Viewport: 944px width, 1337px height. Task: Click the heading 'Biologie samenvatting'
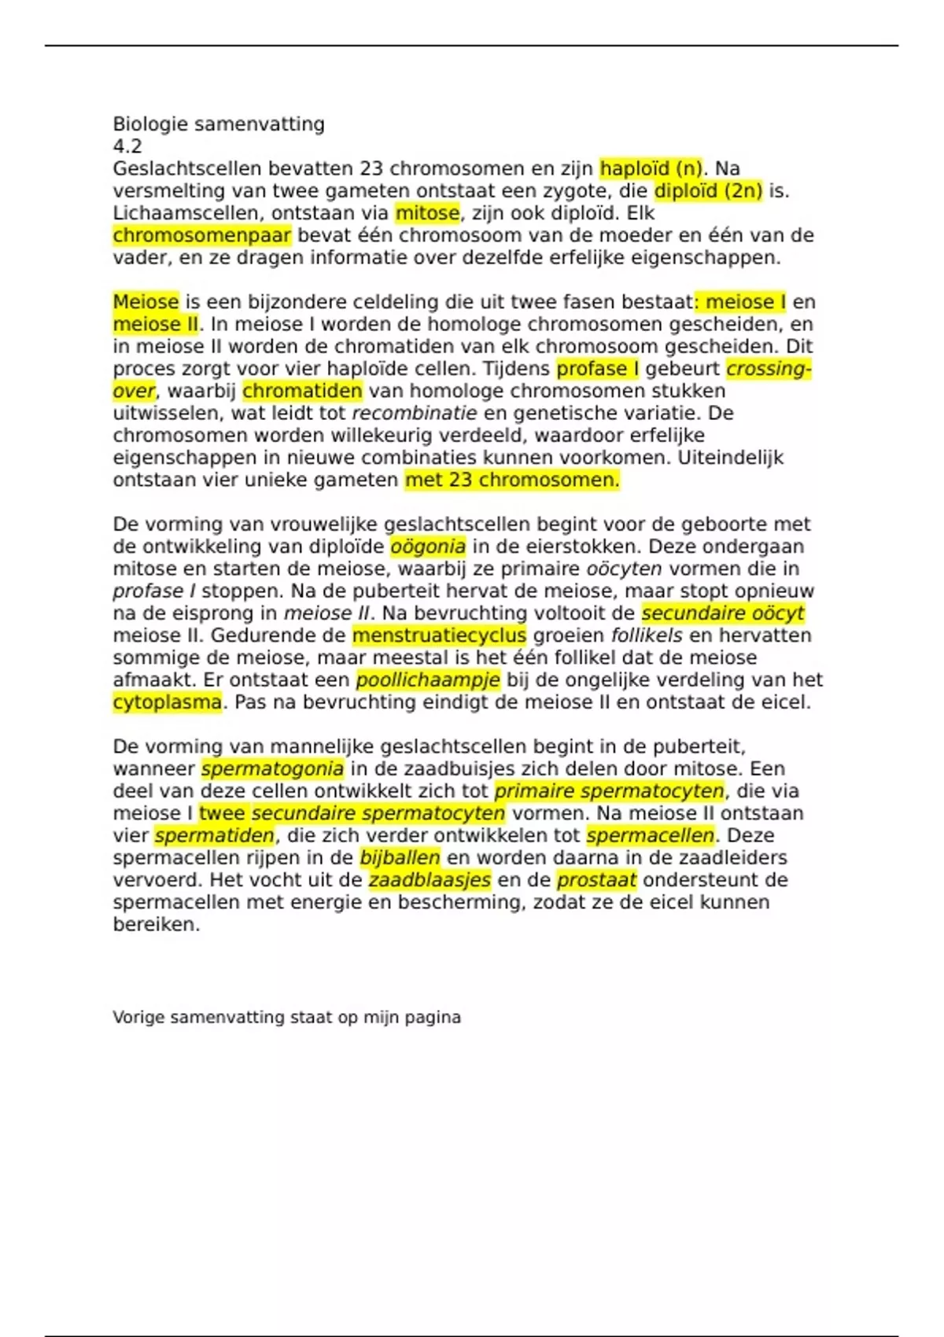coord(219,124)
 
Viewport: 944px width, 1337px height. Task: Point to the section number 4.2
coord(127,146)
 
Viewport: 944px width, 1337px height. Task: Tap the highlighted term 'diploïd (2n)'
coord(708,191)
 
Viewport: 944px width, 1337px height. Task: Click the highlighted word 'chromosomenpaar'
coord(201,235)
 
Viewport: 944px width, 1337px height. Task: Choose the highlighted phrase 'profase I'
coord(597,369)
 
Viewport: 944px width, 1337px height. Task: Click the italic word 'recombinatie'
coord(414,413)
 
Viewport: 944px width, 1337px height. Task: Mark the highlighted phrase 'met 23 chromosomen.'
coord(512,480)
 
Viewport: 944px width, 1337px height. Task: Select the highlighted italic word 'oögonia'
coord(428,547)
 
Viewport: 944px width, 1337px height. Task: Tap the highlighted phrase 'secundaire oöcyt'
coord(723,613)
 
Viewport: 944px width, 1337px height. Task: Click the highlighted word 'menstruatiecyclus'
coord(439,635)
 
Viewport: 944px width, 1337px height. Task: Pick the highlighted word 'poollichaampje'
coord(428,680)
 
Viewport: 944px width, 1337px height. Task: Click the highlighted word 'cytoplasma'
coord(167,702)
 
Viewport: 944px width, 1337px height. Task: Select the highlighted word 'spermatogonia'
coord(272,769)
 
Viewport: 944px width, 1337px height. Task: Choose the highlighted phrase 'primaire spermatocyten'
coord(610,791)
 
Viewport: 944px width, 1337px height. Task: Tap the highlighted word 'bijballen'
coord(400,858)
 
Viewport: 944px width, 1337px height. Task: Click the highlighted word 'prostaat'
coord(596,880)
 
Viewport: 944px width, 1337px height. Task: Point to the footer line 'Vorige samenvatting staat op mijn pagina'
coord(286,1018)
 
